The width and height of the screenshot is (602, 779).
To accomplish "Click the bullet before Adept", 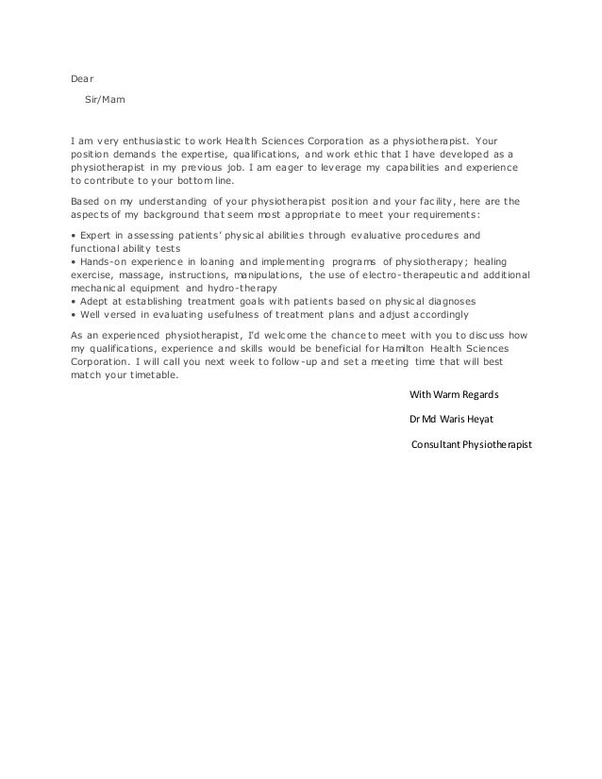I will (74, 301).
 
